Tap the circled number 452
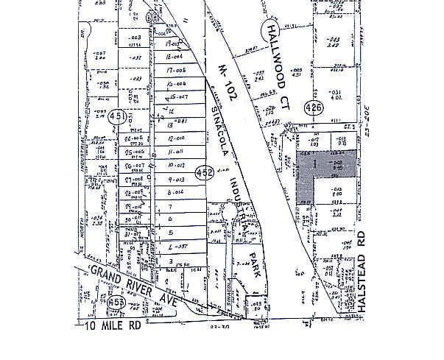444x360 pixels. [205, 172]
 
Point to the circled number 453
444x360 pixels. [115, 303]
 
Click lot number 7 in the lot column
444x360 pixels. [170, 208]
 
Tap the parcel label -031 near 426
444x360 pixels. [335, 92]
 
